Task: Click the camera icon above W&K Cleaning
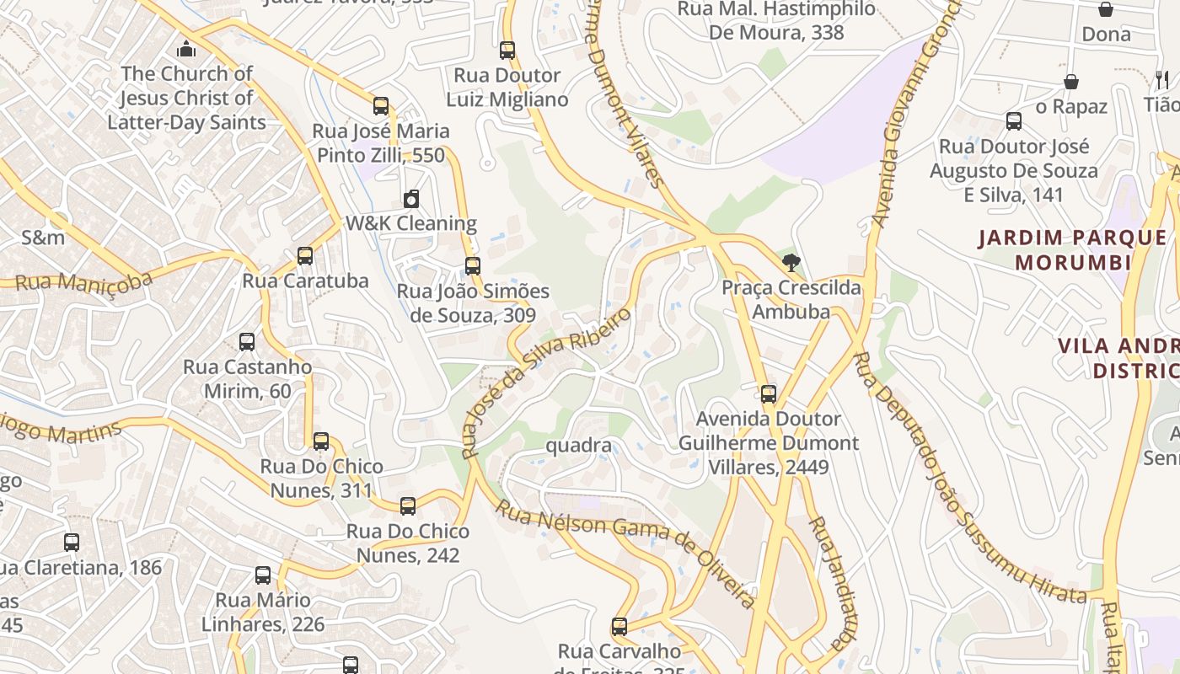pyautogui.click(x=411, y=199)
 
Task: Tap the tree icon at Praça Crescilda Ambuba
pyautogui.click(x=791, y=263)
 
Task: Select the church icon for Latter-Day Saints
pyautogui.click(x=186, y=49)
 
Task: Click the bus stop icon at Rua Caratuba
pyautogui.click(x=305, y=256)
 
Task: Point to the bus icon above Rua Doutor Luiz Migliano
pyautogui.click(x=507, y=51)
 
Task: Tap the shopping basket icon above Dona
pyautogui.click(x=1106, y=9)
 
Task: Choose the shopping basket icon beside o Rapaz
pyautogui.click(x=1070, y=82)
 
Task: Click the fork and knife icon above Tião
pyautogui.click(x=1162, y=80)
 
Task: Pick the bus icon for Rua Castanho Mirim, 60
pyautogui.click(x=246, y=342)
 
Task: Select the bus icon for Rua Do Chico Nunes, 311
pyautogui.click(x=320, y=441)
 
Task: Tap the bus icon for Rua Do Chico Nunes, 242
pyautogui.click(x=408, y=506)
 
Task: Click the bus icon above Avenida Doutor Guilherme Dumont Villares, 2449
pyautogui.click(x=768, y=394)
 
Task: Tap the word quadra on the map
pyautogui.click(x=578, y=445)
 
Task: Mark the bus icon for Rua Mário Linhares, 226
pyautogui.click(x=263, y=575)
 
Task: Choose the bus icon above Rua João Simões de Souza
pyautogui.click(x=473, y=266)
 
